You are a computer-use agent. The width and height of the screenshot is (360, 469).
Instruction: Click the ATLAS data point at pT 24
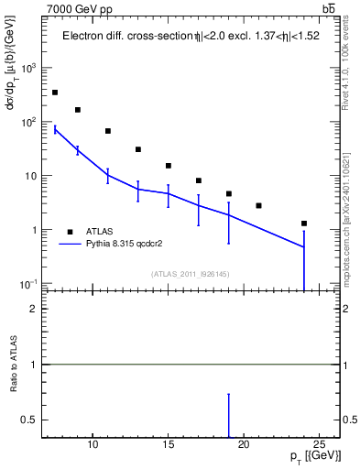point(304,224)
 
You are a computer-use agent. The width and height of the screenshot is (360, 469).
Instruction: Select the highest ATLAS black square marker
point(55,93)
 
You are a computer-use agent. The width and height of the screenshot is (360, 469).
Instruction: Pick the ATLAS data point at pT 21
point(258,205)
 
